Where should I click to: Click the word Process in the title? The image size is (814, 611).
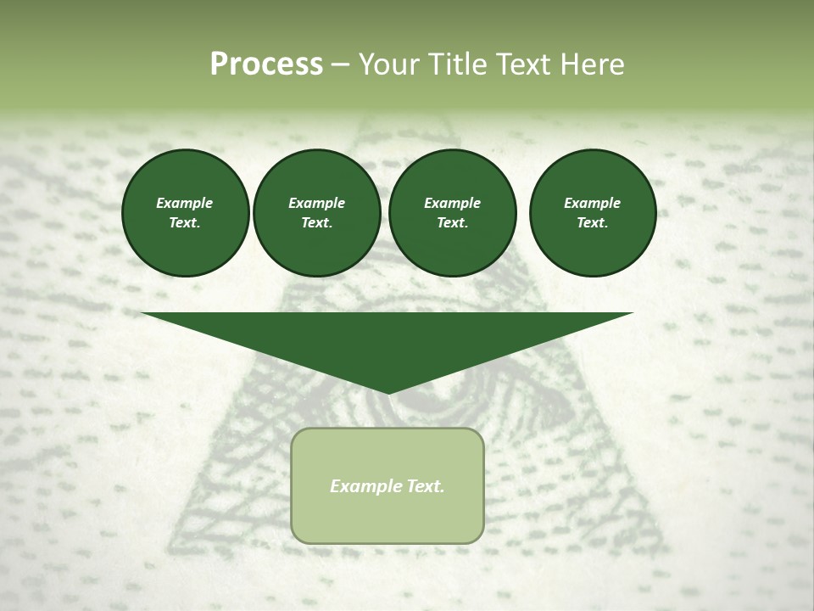tap(266, 64)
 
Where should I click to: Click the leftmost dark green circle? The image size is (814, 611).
tap(185, 213)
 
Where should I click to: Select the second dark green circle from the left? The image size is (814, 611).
tap(316, 213)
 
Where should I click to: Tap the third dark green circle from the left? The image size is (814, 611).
tap(452, 213)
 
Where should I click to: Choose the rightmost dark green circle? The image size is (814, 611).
tap(593, 213)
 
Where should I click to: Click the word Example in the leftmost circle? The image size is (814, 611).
tap(185, 203)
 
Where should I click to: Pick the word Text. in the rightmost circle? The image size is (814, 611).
tap(593, 223)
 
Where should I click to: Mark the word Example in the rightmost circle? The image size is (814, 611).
tap(593, 203)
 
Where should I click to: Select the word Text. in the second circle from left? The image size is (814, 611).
tap(316, 223)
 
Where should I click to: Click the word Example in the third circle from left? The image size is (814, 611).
tap(452, 203)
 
